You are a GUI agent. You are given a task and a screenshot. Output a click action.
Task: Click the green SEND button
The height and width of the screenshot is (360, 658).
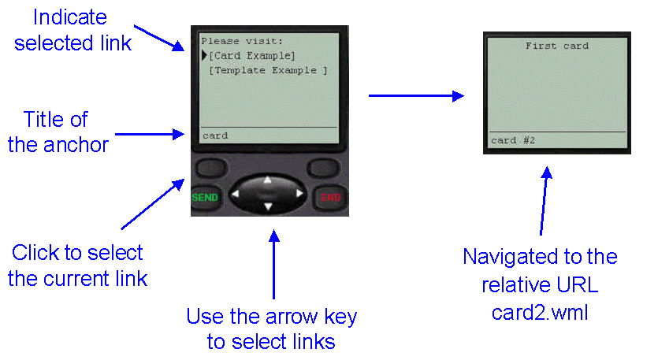[205, 197]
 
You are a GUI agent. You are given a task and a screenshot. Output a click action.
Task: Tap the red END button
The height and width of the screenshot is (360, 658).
[331, 197]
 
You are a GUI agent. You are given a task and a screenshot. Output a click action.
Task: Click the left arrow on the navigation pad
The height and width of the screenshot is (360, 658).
[236, 194]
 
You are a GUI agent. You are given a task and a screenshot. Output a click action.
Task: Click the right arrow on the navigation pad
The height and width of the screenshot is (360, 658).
[299, 194]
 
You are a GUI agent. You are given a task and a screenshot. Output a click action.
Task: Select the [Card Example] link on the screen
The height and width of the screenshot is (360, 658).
[252, 56]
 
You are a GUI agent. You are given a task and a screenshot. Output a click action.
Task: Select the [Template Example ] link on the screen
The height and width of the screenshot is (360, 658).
[268, 70]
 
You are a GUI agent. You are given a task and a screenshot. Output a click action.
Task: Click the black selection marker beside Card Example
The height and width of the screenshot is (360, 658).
[204, 55]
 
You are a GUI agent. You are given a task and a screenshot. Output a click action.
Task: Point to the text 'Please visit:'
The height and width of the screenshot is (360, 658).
[242, 41]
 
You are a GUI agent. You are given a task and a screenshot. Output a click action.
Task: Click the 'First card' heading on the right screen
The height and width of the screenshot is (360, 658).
[557, 46]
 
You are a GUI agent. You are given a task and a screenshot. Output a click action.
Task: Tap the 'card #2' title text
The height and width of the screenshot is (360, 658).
[513, 140]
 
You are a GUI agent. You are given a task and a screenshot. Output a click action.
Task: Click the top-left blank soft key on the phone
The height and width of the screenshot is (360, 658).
[212, 168]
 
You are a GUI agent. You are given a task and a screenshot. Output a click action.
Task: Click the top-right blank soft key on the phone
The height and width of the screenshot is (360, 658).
[324, 168]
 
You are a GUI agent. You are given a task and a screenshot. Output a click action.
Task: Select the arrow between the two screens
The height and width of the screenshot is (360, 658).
[416, 96]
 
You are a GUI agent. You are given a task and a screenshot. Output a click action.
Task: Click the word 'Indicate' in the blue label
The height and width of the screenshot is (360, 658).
[70, 17]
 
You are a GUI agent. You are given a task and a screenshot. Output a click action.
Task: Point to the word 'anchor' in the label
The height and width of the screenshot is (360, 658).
[76, 145]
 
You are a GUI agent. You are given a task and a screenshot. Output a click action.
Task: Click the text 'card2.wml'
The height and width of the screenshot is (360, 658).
[540, 313]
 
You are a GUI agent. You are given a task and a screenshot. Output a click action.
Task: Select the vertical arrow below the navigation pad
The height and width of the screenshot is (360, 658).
[274, 265]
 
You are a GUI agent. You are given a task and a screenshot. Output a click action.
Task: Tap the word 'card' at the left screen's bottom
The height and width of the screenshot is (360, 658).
[215, 136]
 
